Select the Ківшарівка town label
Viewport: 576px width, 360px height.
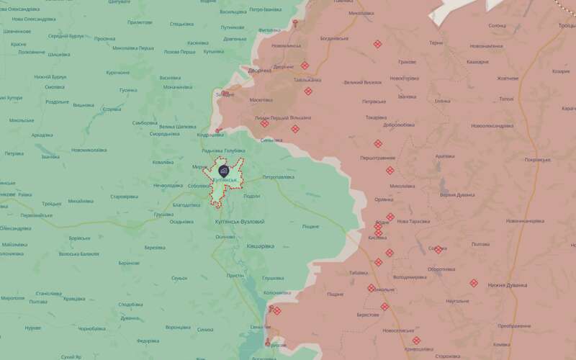(260, 246)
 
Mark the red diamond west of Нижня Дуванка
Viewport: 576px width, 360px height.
(473, 283)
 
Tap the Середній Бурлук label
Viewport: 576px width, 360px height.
(66, 35)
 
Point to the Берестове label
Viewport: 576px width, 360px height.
(367, 315)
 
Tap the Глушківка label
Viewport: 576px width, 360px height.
(274, 277)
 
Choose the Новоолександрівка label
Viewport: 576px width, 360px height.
(492, 126)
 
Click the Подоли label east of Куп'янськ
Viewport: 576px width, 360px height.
(252, 196)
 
